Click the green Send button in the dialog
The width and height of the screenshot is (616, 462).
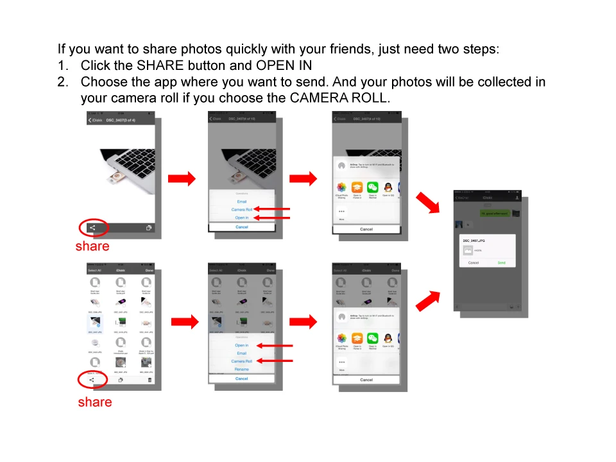point(501,262)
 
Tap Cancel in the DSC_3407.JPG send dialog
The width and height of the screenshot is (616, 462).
point(473,262)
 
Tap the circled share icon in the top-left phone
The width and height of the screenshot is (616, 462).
point(92,227)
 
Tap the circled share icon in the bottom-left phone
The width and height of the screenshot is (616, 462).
point(92,380)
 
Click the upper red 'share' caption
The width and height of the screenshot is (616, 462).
point(92,246)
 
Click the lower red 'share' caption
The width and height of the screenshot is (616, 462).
point(95,402)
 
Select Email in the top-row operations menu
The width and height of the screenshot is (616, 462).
point(241,201)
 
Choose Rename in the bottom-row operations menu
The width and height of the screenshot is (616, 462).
point(241,370)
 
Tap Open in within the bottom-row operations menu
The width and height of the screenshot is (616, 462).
point(241,345)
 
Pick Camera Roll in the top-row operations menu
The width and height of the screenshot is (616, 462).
point(241,210)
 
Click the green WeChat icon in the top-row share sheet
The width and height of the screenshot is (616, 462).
point(373,188)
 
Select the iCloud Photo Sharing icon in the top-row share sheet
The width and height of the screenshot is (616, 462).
point(342,188)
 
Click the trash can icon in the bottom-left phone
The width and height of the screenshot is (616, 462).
point(150,380)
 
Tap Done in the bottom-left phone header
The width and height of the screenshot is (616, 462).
point(149,271)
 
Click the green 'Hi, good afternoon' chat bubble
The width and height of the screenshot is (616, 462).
point(495,213)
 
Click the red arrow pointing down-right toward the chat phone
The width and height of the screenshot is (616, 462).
point(428,203)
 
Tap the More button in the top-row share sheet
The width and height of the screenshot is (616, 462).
point(341,213)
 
